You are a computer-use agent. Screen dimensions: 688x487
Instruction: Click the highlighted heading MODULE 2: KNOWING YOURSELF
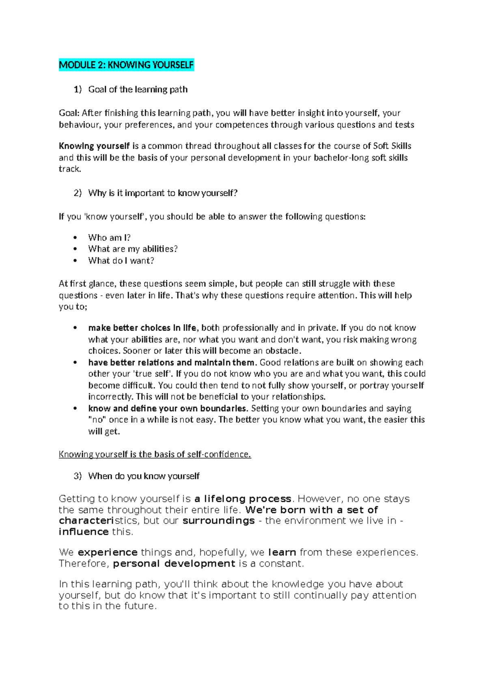(x=126, y=65)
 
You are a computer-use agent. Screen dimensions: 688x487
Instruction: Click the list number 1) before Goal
(x=78, y=89)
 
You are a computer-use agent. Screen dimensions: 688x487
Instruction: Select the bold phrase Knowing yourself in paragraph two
(x=94, y=146)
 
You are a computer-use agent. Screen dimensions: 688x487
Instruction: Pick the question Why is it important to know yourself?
(x=162, y=193)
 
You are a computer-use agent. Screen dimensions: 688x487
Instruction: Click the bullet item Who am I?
(x=109, y=238)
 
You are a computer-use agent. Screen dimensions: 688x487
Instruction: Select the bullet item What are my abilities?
(x=133, y=249)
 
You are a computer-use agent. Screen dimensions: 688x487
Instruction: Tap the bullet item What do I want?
(x=121, y=261)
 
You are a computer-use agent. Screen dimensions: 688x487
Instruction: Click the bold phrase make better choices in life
(x=142, y=328)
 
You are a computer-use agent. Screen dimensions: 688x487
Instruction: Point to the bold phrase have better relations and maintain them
(x=171, y=363)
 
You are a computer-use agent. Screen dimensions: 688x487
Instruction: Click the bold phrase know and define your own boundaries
(x=167, y=408)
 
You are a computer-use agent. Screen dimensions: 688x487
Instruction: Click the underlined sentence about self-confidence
(x=155, y=454)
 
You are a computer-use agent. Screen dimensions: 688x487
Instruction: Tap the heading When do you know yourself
(x=144, y=476)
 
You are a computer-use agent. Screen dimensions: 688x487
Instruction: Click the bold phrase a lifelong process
(x=243, y=499)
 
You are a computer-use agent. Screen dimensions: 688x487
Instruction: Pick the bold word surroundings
(x=218, y=521)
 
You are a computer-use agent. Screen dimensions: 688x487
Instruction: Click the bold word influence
(x=84, y=532)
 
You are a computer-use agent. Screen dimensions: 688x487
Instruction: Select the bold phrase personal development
(x=174, y=564)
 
